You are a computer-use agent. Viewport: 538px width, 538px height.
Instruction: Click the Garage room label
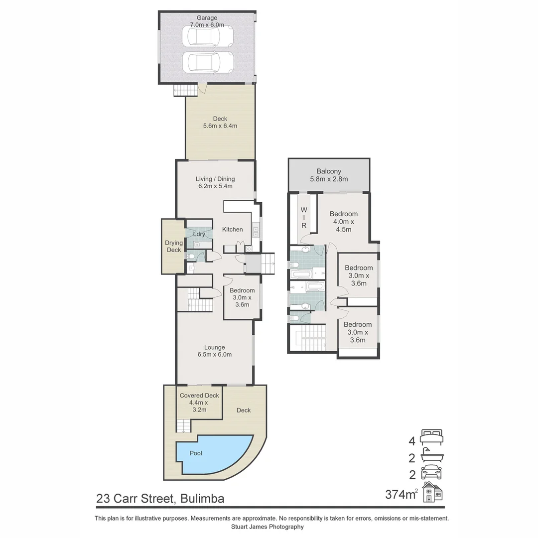click(x=207, y=18)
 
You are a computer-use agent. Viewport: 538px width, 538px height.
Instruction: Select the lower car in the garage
click(x=208, y=63)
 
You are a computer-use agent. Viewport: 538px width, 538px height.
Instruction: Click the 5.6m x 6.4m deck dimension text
click(x=220, y=126)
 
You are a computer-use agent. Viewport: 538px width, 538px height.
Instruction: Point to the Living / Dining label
click(x=215, y=179)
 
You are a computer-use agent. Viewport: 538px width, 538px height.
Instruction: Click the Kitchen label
click(x=232, y=229)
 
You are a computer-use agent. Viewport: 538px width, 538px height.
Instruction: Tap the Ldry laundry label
click(x=199, y=234)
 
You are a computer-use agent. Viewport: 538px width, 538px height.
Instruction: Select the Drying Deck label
click(x=174, y=247)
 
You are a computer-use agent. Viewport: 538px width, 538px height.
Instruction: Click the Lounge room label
click(x=214, y=347)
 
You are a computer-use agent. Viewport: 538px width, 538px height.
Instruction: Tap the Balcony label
click(x=329, y=171)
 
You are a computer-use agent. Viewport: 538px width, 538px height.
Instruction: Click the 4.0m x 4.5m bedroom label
click(x=344, y=222)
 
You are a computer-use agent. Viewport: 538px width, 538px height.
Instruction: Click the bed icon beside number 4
click(x=431, y=437)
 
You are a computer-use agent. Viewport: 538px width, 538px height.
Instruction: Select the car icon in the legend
click(x=431, y=472)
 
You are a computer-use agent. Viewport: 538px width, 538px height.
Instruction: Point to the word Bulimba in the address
click(x=203, y=498)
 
